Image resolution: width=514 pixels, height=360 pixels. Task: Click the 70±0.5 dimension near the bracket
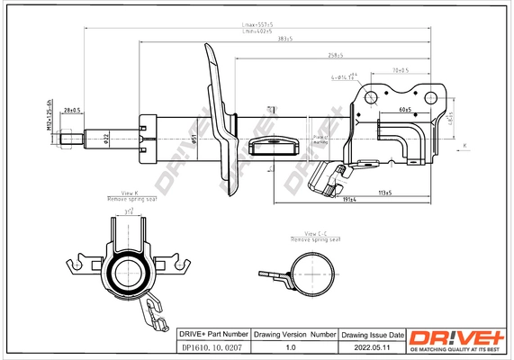[x=400, y=70]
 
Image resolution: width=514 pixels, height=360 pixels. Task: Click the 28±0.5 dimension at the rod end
[x=72, y=111]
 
